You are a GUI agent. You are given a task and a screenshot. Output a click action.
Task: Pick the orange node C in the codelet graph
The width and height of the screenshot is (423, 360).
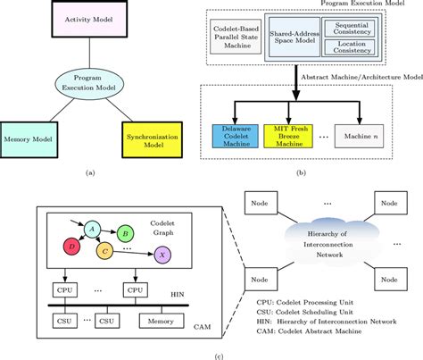[105, 249]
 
